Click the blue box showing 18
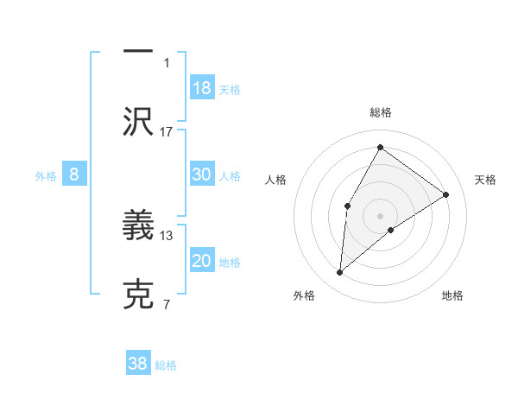pos(202,88)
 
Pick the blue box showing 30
pos(202,174)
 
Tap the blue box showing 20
pos(202,261)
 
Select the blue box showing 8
pos(74,174)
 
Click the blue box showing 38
pos(138,364)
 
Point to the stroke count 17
pos(167,131)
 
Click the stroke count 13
pos(167,235)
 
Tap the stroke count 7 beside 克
pos(167,304)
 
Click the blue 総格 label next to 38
pos(166,365)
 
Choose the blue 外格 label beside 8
pos(46,176)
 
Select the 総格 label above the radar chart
pos(380,112)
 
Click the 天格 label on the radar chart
pos(486,180)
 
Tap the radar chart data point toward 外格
pos(340,273)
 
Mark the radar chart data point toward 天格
pos(446,194)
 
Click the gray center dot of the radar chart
pos(380,216)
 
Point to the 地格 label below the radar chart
pos(452,295)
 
